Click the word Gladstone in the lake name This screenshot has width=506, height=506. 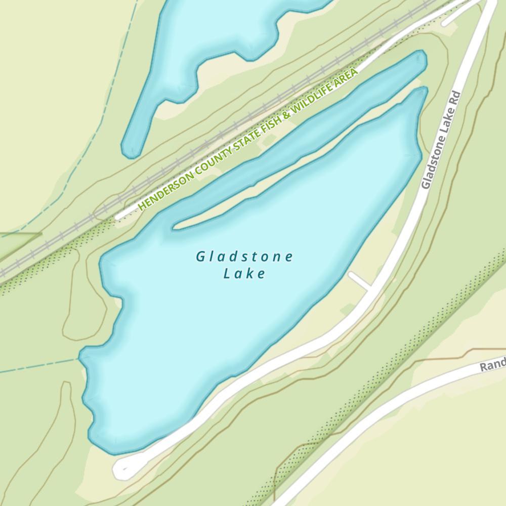(244, 257)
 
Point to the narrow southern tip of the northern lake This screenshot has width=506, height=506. (130, 148)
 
